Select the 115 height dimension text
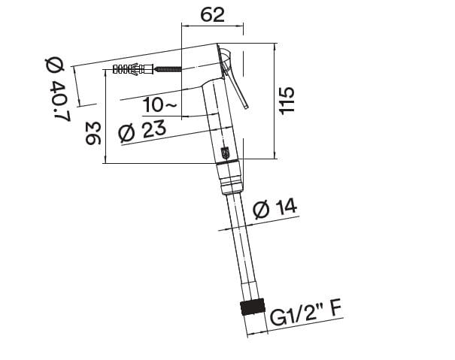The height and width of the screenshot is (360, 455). tap(287, 100)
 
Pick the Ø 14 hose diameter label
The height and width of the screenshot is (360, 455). tap(273, 210)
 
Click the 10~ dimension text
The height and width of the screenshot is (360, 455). tap(160, 106)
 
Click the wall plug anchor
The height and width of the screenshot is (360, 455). tap(132, 70)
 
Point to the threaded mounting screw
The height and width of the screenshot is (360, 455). tap(169, 70)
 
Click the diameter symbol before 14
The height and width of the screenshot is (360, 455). tap(261, 210)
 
